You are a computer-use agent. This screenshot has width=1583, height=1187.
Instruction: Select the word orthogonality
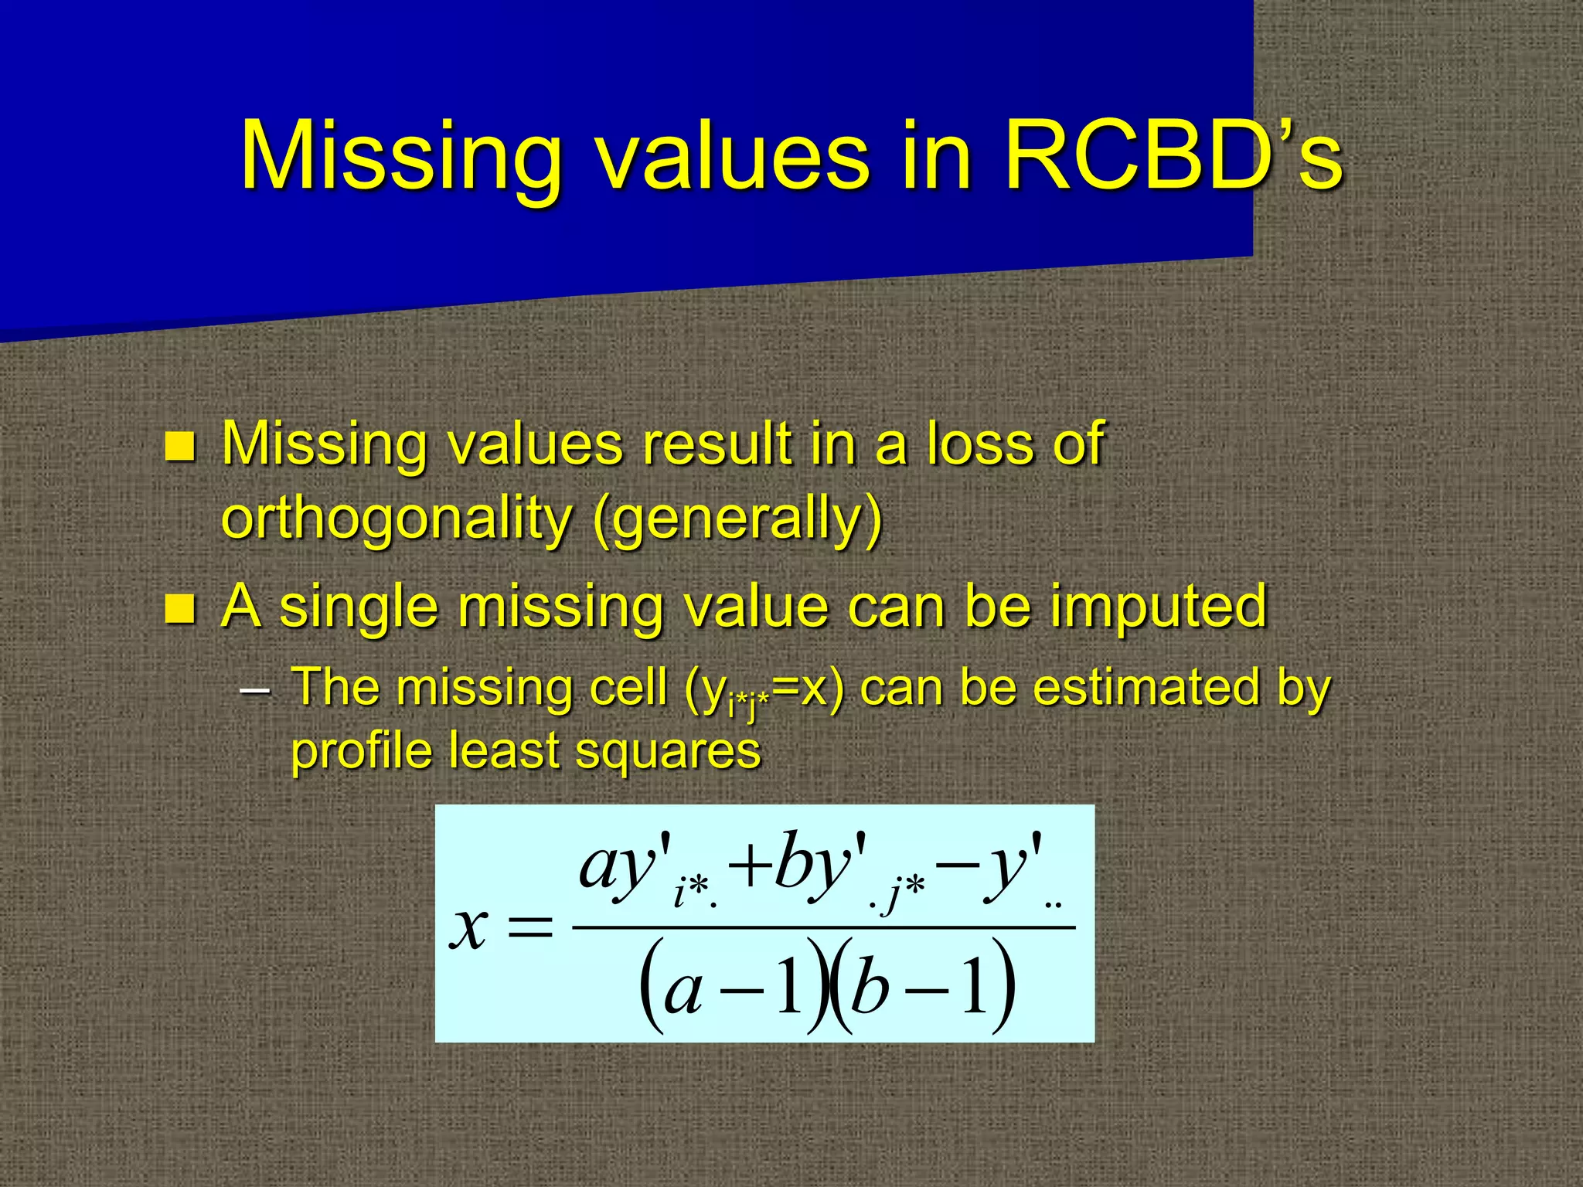(x=396, y=519)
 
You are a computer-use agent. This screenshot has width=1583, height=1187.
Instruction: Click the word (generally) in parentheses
(x=737, y=519)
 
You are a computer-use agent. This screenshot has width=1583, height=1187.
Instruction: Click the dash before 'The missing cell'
(x=255, y=689)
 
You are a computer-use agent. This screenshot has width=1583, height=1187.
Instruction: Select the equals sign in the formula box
(x=530, y=927)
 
